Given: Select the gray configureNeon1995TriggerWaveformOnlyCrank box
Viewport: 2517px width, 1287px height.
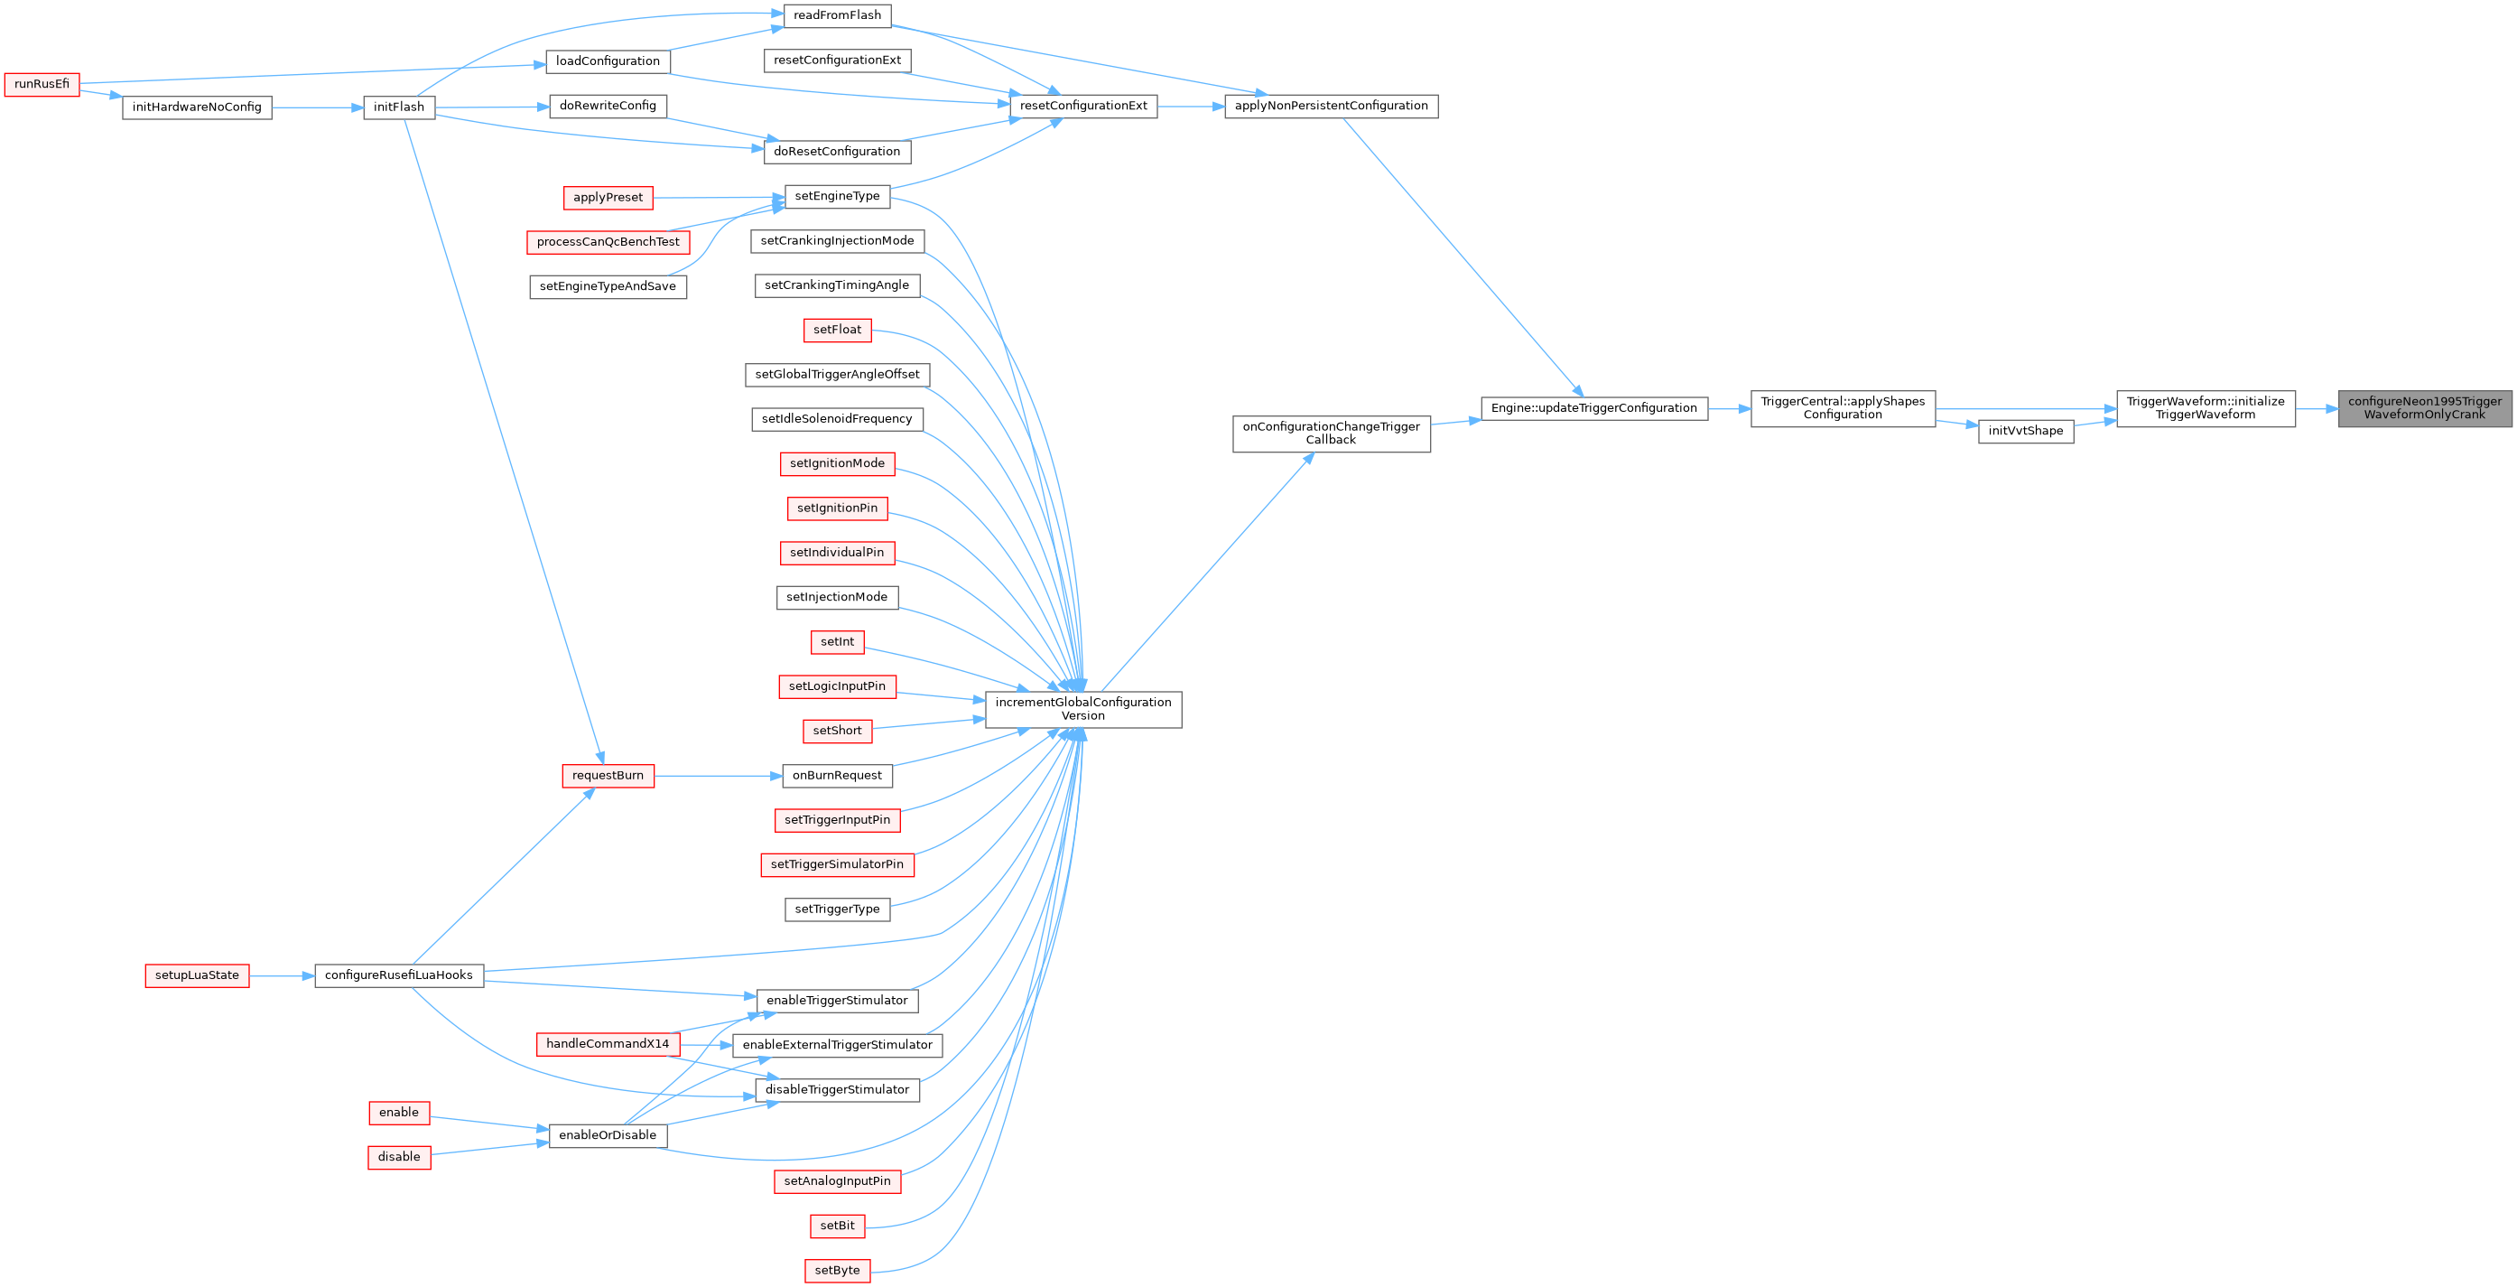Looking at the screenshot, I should pyautogui.click(x=2424, y=407).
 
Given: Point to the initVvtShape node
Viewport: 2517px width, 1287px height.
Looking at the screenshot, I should pyautogui.click(x=2026, y=431).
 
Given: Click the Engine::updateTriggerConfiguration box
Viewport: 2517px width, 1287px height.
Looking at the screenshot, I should pyautogui.click(x=1593, y=408).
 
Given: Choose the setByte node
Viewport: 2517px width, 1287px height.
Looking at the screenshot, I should pyautogui.click(x=838, y=1271).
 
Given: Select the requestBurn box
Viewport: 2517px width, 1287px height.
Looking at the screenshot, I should pyautogui.click(x=608, y=776).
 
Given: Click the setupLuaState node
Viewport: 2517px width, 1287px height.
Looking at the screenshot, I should pyautogui.click(x=197, y=975).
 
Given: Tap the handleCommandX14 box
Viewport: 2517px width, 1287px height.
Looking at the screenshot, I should pyautogui.click(x=608, y=1044).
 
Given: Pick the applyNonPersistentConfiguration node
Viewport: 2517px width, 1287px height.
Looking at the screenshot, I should pyautogui.click(x=1331, y=106).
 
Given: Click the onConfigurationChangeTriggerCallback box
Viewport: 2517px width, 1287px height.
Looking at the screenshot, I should pyautogui.click(x=1331, y=433).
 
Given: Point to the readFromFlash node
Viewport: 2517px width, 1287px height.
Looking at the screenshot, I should pyautogui.click(x=838, y=15).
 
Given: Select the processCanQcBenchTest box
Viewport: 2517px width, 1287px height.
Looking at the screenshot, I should pyautogui.click(x=608, y=241).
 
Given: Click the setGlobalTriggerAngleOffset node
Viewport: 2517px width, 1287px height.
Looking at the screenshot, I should pyautogui.click(x=838, y=374).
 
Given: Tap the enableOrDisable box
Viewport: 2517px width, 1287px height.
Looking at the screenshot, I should pyautogui.click(x=608, y=1135).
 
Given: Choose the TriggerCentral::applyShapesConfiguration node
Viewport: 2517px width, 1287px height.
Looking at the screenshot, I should pyautogui.click(x=1843, y=407).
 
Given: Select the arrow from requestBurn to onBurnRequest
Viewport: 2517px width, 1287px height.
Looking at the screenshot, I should pyautogui.click(x=718, y=776).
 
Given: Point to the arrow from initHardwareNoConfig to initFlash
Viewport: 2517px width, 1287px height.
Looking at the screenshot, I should pyautogui.click(x=318, y=107).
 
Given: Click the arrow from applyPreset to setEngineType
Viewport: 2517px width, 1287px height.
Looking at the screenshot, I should pyautogui.click(x=718, y=198).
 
